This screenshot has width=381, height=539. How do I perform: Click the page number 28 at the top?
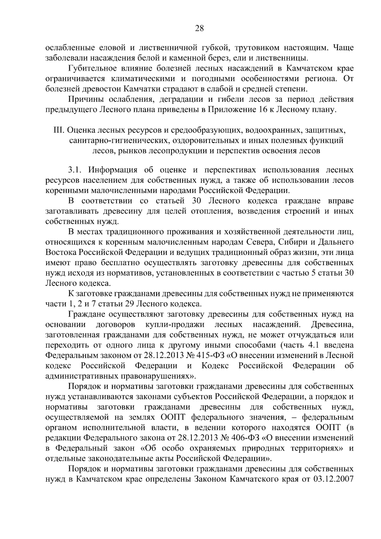point(199,29)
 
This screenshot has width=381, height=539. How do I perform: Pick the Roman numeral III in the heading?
point(60,130)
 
